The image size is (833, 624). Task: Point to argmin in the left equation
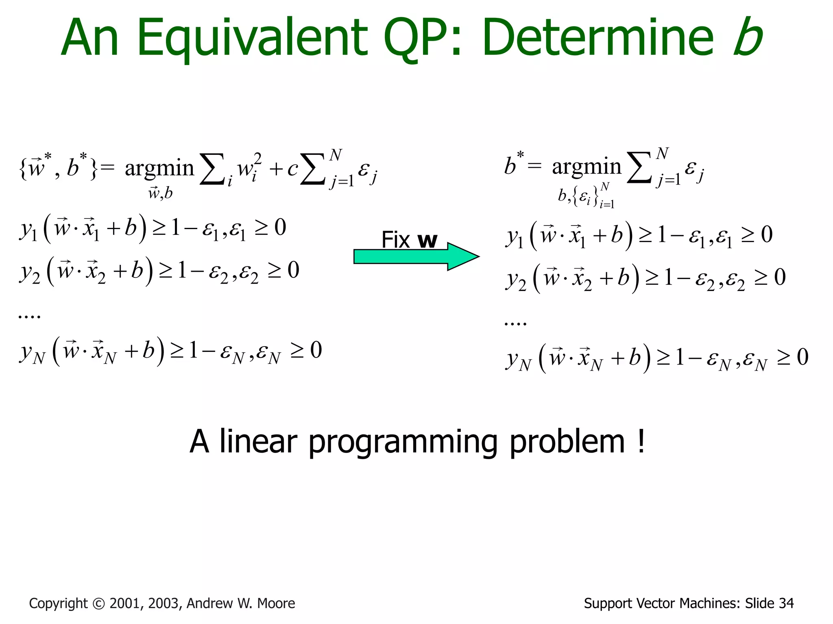click(x=159, y=168)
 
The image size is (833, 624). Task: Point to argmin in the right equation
click(x=586, y=167)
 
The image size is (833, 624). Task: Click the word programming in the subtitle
click(x=403, y=442)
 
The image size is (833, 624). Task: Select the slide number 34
click(x=786, y=603)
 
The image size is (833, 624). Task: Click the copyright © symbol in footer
click(x=99, y=604)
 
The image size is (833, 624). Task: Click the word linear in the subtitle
click(x=258, y=442)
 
